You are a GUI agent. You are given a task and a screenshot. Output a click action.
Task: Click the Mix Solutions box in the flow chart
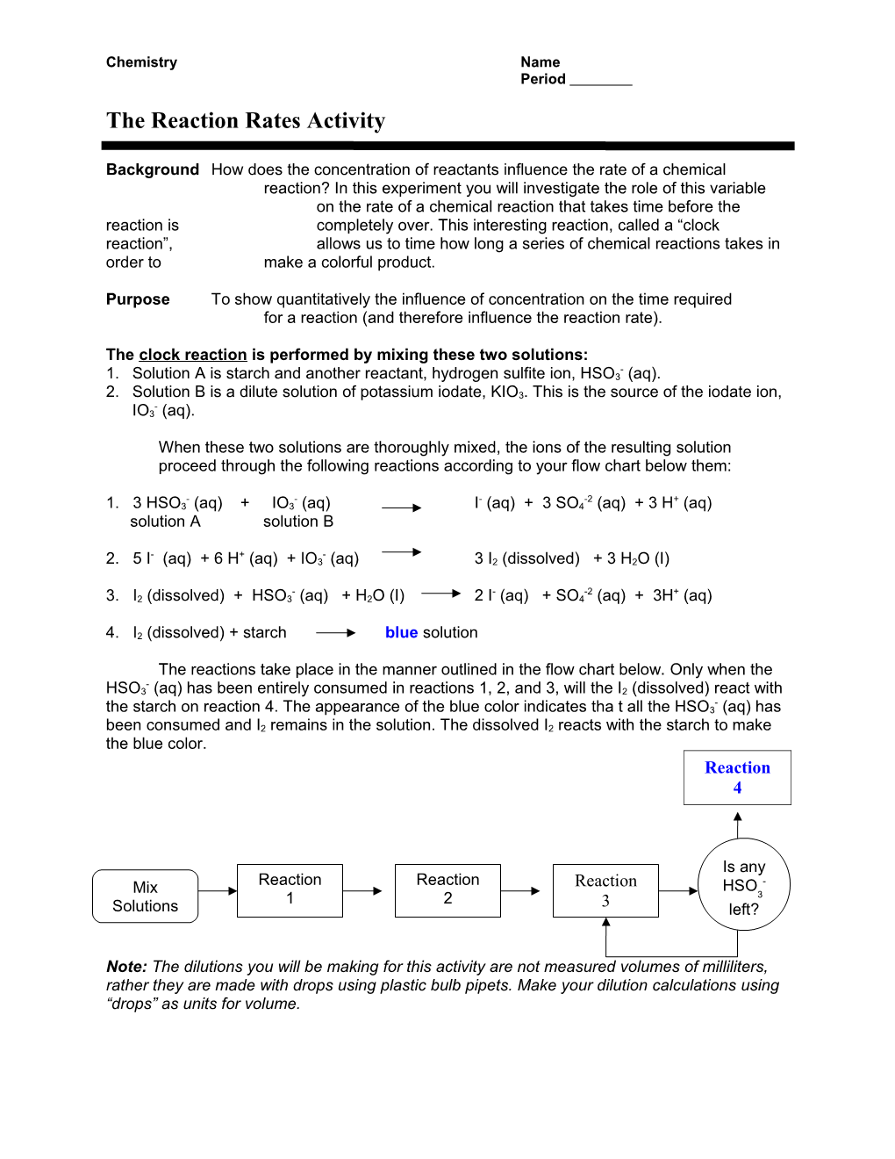point(146,896)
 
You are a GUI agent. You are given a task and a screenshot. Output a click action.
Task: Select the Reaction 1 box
point(290,890)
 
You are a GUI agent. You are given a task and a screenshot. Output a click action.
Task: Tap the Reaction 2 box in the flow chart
point(447,890)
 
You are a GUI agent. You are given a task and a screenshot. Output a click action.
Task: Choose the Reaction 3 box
point(605,890)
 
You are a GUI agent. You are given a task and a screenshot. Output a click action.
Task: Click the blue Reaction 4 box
point(737,777)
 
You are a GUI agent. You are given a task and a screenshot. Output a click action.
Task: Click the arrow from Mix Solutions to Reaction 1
point(218,891)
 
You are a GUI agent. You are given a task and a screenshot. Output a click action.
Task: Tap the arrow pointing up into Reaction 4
point(738,824)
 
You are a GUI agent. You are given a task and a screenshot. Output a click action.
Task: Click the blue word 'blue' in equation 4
point(401,632)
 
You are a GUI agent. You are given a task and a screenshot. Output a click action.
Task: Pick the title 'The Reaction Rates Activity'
point(246,120)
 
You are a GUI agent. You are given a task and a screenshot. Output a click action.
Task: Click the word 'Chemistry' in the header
point(141,62)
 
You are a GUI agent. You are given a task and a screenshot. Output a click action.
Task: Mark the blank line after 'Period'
point(601,81)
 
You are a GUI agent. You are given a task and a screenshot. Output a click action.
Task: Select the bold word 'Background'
point(153,169)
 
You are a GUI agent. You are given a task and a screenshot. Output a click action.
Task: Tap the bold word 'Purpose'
point(138,299)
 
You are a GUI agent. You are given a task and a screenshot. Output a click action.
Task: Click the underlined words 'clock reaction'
point(193,355)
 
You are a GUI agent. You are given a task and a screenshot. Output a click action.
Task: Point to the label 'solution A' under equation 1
point(165,522)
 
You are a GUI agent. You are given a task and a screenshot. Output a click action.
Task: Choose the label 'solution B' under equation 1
point(298,522)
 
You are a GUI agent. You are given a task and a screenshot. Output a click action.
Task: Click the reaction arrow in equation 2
point(402,552)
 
